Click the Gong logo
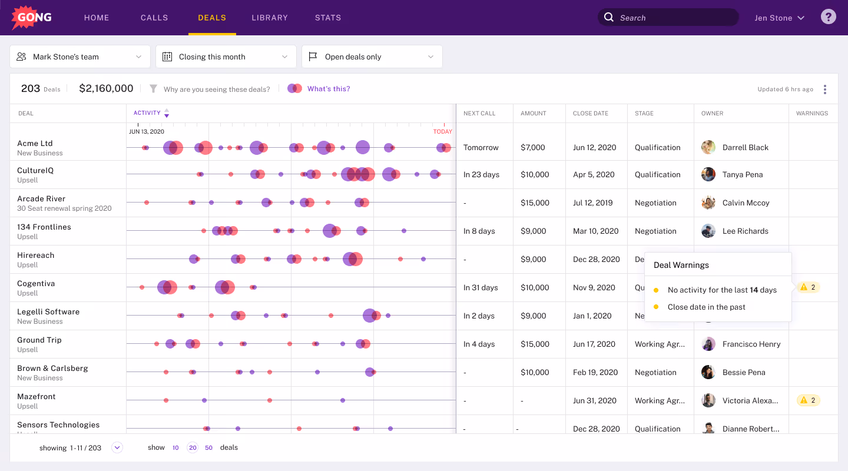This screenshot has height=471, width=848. point(32,18)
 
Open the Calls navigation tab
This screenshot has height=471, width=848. point(154,18)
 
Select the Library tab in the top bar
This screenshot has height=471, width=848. point(270,18)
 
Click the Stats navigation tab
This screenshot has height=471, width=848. point(328,18)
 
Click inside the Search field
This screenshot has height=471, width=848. point(671,18)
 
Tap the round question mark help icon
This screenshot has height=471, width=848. point(828,17)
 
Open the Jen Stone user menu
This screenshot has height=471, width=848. point(779,18)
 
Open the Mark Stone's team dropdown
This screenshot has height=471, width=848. point(80,57)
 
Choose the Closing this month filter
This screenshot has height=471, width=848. point(226,57)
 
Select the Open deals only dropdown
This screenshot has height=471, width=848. point(372,57)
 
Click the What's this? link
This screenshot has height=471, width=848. point(329,89)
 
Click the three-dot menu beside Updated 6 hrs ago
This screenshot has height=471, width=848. point(824,89)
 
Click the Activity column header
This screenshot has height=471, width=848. point(147,113)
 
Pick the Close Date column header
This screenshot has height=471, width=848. point(590,113)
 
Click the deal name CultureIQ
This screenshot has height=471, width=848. point(35,171)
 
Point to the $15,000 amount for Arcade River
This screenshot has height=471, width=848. point(535,203)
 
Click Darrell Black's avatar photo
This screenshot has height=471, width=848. point(708,147)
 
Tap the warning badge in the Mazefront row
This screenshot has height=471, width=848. point(808,400)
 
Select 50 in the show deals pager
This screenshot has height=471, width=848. point(208,448)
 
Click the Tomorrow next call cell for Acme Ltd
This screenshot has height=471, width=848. point(481,148)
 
